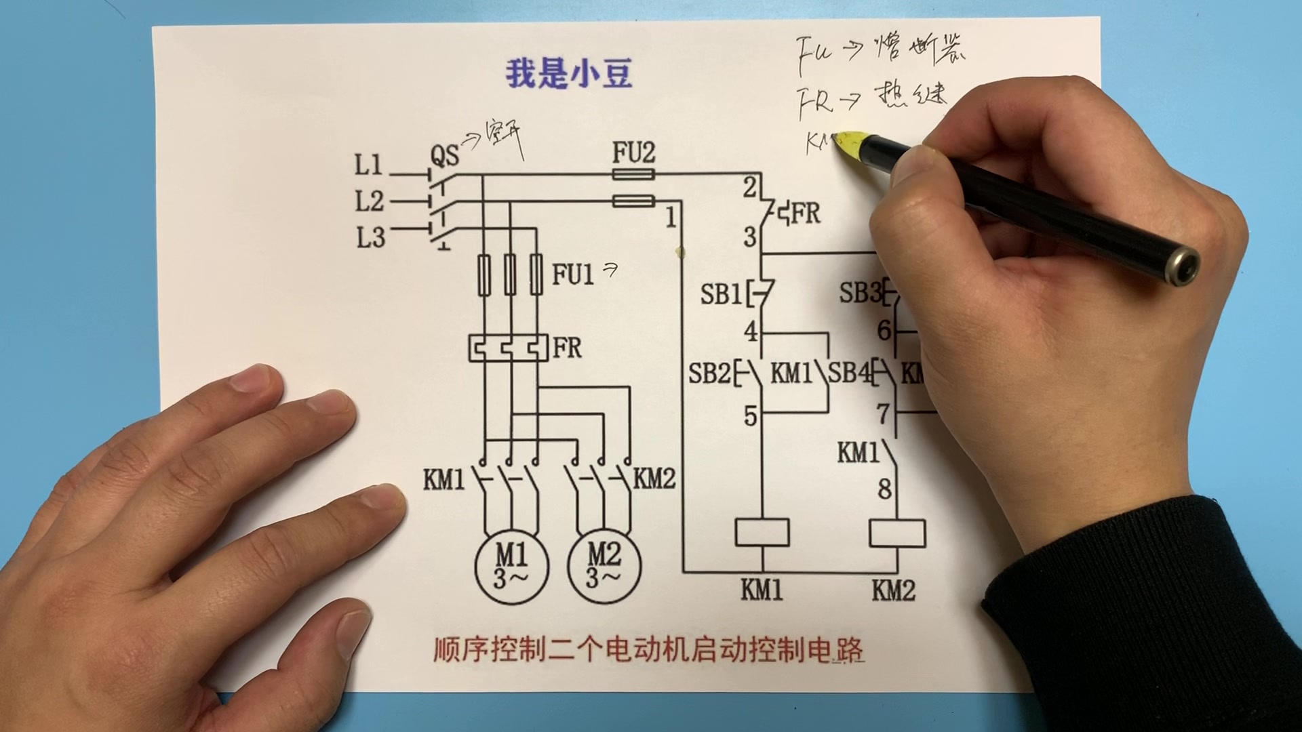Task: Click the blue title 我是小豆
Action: tap(568, 74)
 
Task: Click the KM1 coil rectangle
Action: tap(762, 532)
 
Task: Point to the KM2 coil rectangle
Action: tap(896, 533)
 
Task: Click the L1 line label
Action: tap(368, 165)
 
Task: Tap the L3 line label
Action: tap(370, 237)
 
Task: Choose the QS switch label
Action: tap(444, 157)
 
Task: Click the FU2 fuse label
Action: tap(633, 153)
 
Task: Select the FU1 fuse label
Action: tap(572, 274)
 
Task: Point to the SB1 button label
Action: tap(720, 294)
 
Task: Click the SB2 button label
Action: tap(709, 373)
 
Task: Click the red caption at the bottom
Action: tap(648, 650)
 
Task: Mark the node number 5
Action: tap(749, 415)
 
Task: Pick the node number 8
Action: tap(884, 489)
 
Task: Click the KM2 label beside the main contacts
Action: tap(654, 479)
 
